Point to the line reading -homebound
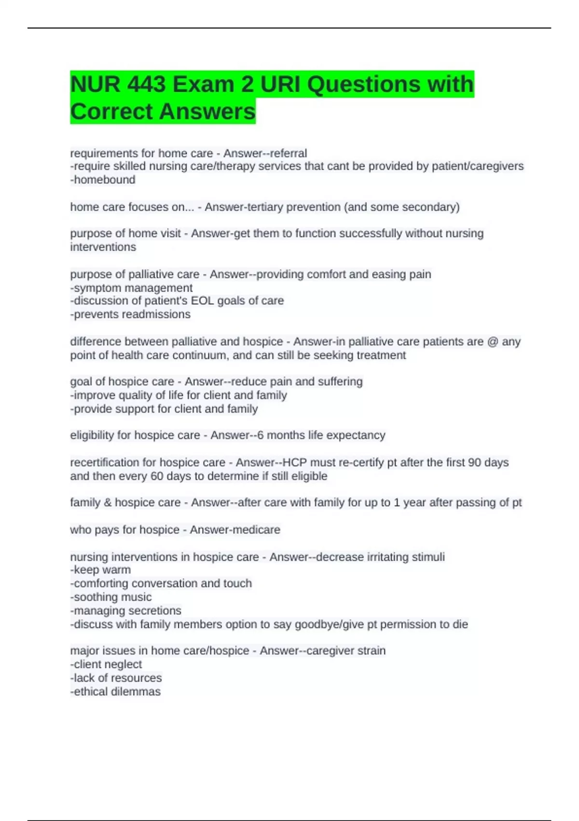tap(103, 180)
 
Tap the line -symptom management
tap(131, 288)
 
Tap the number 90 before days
tap(474, 462)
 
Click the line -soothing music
tap(111, 597)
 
